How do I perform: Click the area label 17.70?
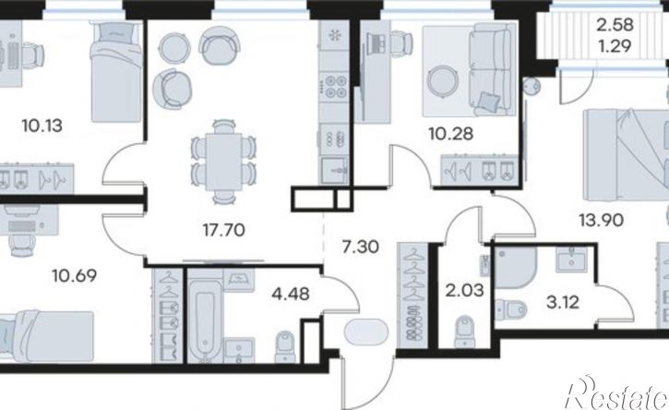pyautogui.click(x=224, y=231)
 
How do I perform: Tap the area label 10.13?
pyautogui.click(x=42, y=126)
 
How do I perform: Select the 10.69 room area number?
pyautogui.click(x=74, y=275)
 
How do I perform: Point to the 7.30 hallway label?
pyautogui.click(x=361, y=247)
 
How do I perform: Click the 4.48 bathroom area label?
pyautogui.click(x=291, y=294)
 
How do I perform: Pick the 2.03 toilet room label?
pyautogui.click(x=465, y=291)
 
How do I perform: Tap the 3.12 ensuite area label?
pyautogui.click(x=563, y=302)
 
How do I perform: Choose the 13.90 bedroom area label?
pyautogui.click(x=601, y=221)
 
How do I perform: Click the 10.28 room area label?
pyautogui.click(x=451, y=134)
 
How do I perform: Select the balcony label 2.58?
pyautogui.click(x=615, y=25)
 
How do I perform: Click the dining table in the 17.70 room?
pyautogui.click(x=223, y=162)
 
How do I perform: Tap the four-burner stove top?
pyautogui.click(x=335, y=86)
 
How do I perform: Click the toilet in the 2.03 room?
pyautogui.click(x=464, y=332)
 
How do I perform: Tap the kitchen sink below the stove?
pyautogui.click(x=334, y=171)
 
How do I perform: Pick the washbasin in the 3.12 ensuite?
pyautogui.click(x=571, y=259)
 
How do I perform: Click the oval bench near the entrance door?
pyautogui.click(x=366, y=332)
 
